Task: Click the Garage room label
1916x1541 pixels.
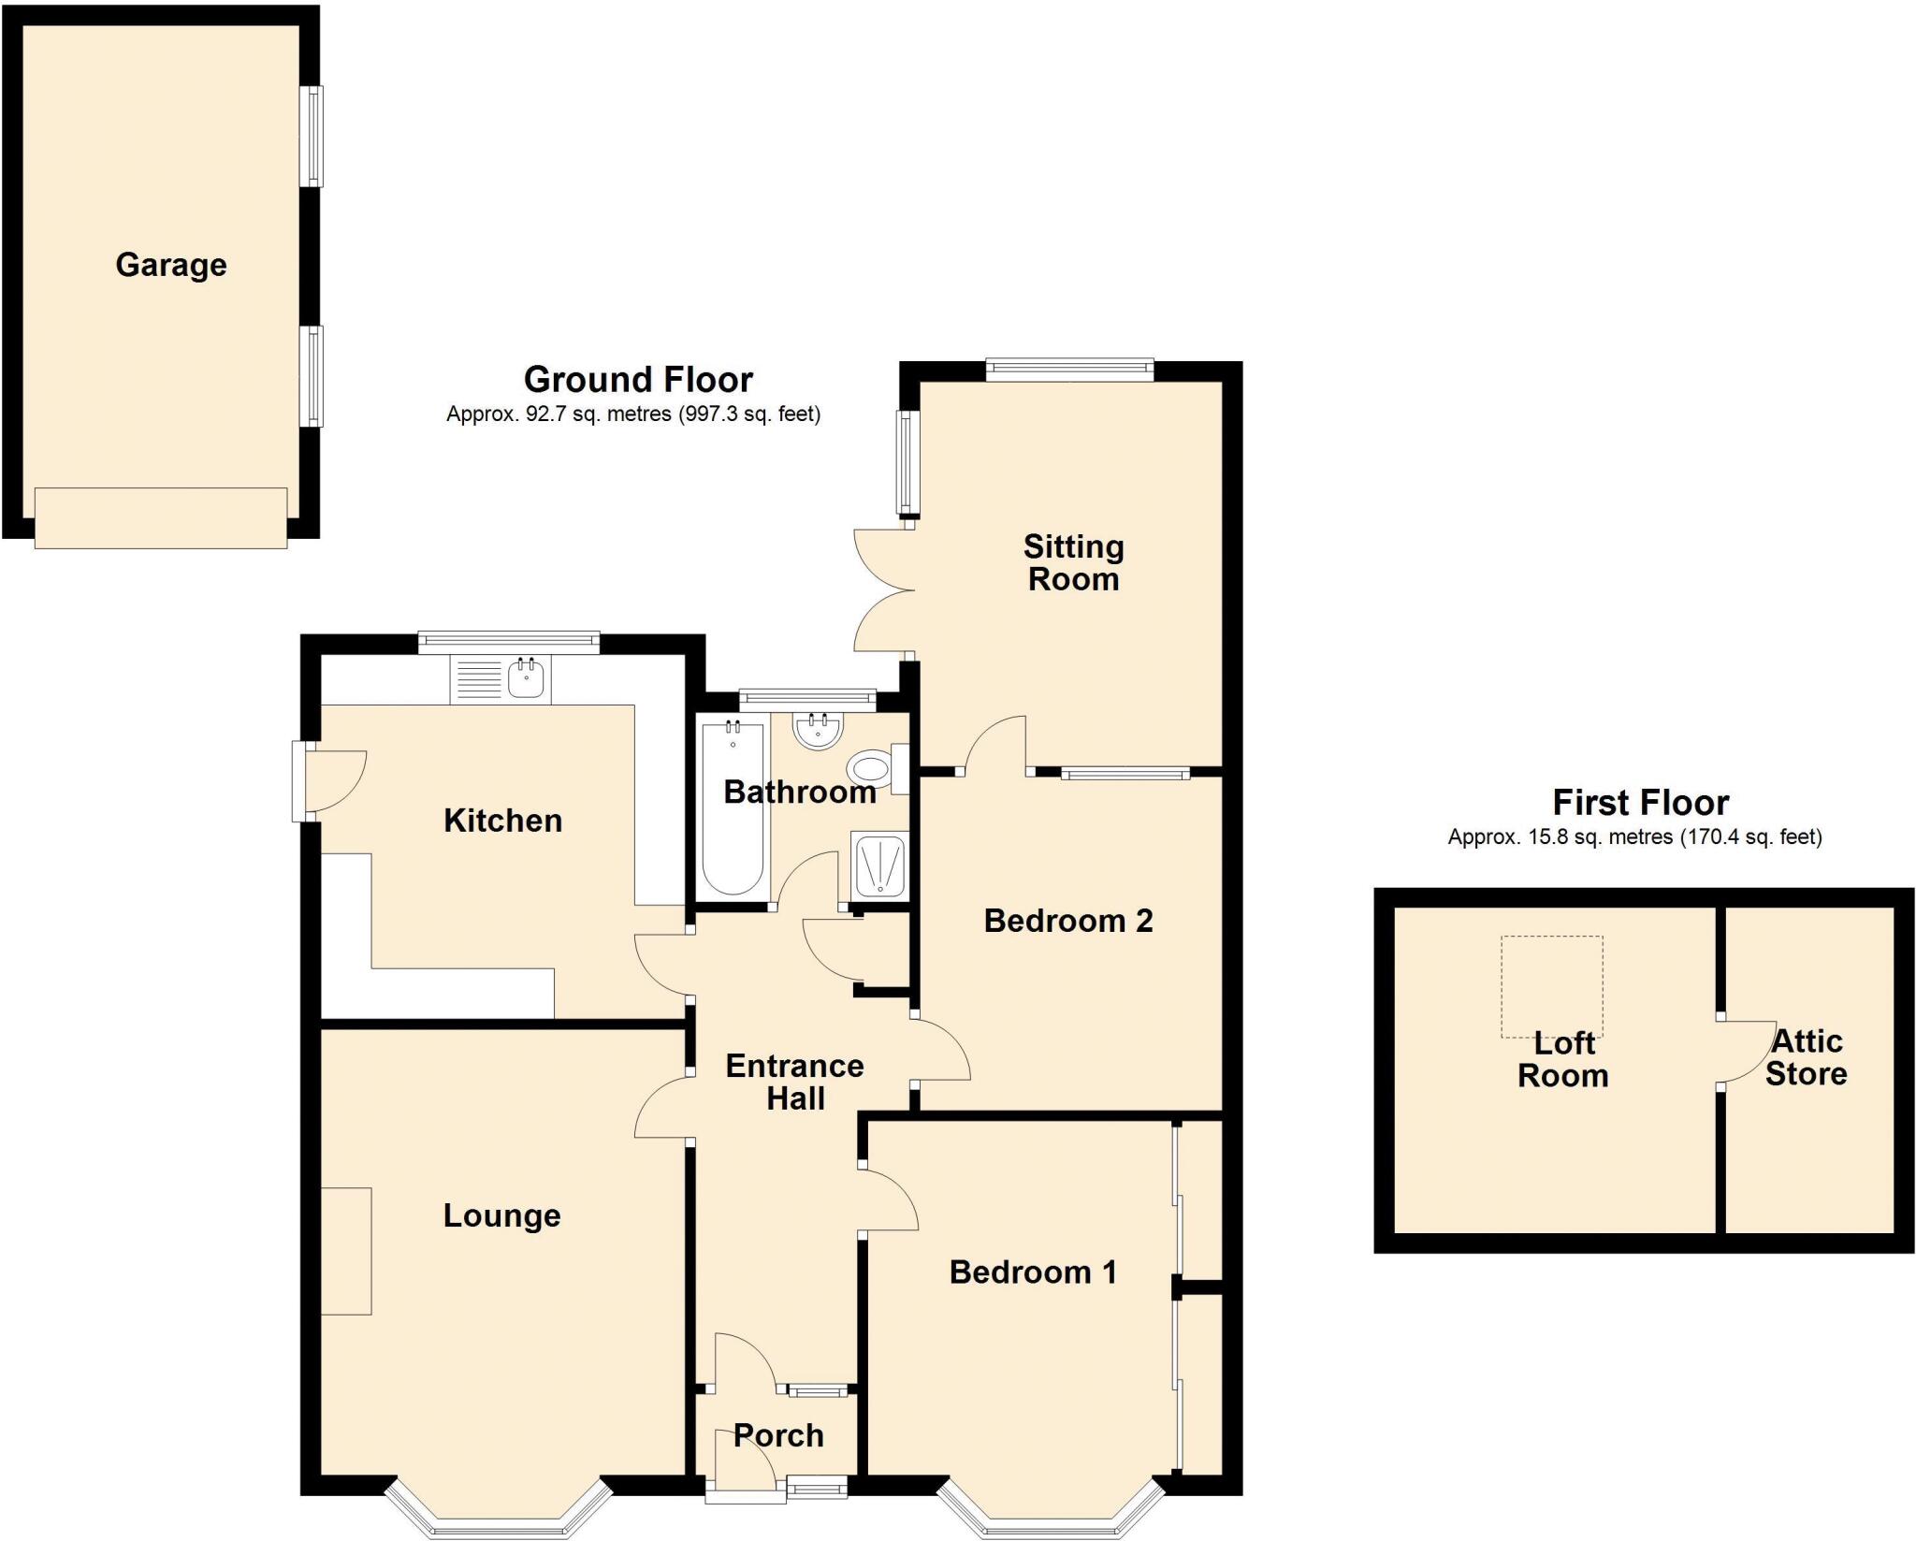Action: pyautogui.click(x=171, y=265)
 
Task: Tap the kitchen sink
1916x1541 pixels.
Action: pyautogui.click(x=527, y=676)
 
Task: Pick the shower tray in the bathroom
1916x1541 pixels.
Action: pyautogui.click(x=878, y=865)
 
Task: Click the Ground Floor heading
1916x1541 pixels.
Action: pyautogui.click(x=638, y=379)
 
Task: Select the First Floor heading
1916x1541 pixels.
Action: pyautogui.click(x=1640, y=803)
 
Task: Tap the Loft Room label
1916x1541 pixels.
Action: pyautogui.click(x=1562, y=1059)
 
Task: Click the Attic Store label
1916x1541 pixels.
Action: pyautogui.click(x=1806, y=1057)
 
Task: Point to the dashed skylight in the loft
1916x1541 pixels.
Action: pyautogui.click(x=1552, y=986)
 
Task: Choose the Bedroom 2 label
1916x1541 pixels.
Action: pyautogui.click(x=1067, y=921)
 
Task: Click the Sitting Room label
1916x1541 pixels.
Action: pyautogui.click(x=1073, y=562)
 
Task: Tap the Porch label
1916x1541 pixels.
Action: pyautogui.click(x=778, y=1435)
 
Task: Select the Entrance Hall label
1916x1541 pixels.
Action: pyautogui.click(x=794, y=1082)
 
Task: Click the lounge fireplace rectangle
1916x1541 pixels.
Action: pyautogui.click(x=347, y=1251)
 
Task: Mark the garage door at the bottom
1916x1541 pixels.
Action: pyautogui.click(x=161, y=517)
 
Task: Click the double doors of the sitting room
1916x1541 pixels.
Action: pyautogui.click(x=884, y=590)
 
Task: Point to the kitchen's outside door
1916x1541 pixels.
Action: pyautogui.click(x=329, y=781)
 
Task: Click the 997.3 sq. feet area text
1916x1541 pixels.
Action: pyautogui.click(x=748, y=414)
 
